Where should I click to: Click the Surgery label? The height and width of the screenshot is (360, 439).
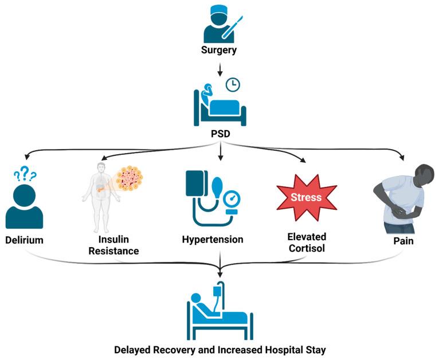pyautogui.click(x=219, y=50)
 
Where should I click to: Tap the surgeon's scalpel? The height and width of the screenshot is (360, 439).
pyautogui.click(x=232, y=28)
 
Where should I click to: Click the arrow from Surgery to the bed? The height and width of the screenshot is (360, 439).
pyautogui.click(x=220, y=69)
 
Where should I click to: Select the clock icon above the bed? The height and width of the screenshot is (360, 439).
pyautogui.click(x=233, y=85)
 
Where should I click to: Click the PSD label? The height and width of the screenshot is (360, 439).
pyautogui.click(x=220, y=134)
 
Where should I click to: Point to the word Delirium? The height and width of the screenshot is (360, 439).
pyautogui.click(x=25, y=240)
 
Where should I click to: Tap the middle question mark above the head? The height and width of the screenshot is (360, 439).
pyautogui.click(x=25, y=173)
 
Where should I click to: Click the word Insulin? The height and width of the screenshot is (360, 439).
pyautogui.click(x=113, y=240)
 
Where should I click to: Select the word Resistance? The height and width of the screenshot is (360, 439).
pyautogui.click(x=113, y=251)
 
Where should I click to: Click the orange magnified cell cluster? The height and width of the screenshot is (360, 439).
pyautogui.click(x=130, y=178)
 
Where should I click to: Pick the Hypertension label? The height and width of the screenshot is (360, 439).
pyautogui.click(x=213, y=240)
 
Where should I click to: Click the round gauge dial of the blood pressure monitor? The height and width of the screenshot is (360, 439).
pyautogui.click(x=232, y=199)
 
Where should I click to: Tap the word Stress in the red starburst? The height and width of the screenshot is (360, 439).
pyautogui.click(x=306, y=197)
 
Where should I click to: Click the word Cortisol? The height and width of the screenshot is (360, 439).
pyautogui.click(x=307, y=248)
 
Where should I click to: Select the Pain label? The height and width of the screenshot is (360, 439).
pyautogui.click(x=403, y=241)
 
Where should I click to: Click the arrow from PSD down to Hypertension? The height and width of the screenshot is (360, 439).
pyautogui.click(x=221, y=151)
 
